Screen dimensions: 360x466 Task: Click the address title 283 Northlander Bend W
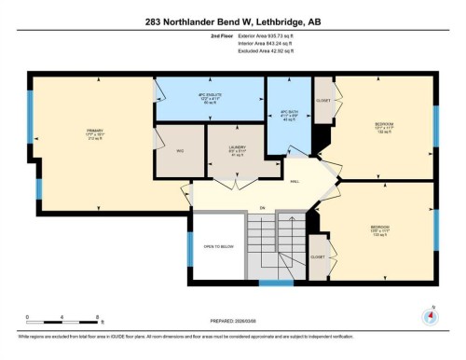coord(232,21)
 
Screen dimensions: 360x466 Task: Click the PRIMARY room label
coord(93,133)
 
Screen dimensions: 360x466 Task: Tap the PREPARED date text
coord(232,322)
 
